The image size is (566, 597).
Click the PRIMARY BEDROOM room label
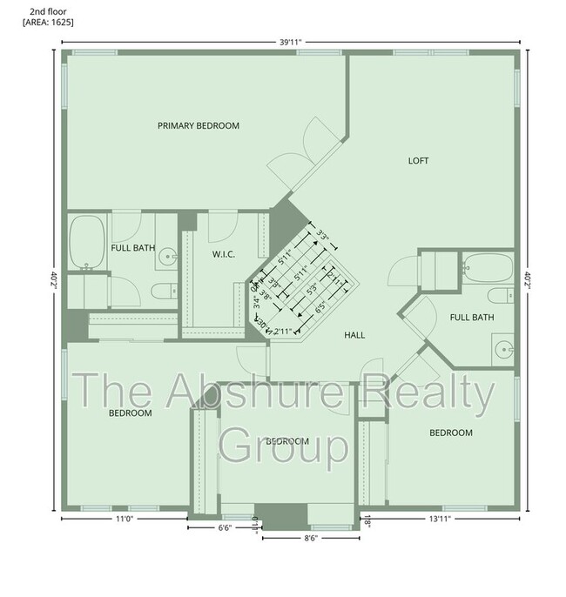coord(199,126)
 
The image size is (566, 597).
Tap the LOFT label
coord(419,160)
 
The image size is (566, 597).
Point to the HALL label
coord(354,334)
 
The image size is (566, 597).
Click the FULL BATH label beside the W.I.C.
coord(133,248)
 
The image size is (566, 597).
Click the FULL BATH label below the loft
coord(472,317)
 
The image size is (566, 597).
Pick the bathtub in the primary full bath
coord(87,241)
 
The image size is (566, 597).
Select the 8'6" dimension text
coord(310,538)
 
